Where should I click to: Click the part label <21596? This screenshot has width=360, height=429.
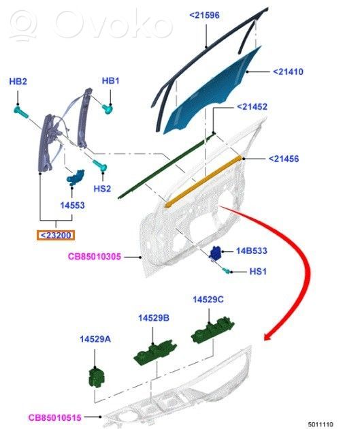204,15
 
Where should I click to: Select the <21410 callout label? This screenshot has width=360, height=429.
288,71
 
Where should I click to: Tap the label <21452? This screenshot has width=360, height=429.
252,106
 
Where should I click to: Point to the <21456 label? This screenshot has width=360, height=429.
284,159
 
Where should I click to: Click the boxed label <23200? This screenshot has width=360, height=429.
56,236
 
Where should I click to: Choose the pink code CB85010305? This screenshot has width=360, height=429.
95,256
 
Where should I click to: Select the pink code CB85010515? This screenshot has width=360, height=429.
55,417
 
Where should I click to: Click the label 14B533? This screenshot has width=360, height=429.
252,251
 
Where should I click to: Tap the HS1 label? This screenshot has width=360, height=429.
258,272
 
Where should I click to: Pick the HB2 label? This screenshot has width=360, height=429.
18,81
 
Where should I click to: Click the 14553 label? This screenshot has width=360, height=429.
72,205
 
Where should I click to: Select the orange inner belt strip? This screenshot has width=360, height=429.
203,181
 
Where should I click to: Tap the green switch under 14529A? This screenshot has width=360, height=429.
97,378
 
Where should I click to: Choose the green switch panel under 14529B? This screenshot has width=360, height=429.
155,352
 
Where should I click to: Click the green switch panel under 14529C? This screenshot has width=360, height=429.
212,330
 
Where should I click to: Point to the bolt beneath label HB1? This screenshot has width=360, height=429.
108,109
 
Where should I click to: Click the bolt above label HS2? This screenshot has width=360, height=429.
100,165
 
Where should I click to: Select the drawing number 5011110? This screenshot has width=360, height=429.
321,424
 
